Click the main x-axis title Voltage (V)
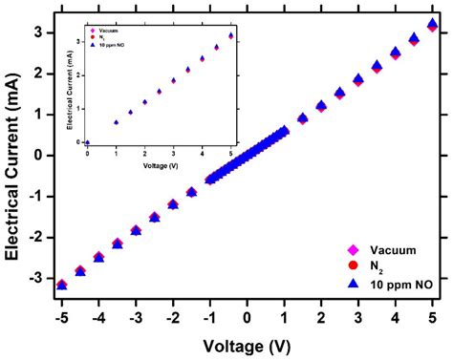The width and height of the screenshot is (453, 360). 247,343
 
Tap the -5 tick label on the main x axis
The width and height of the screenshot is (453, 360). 60,315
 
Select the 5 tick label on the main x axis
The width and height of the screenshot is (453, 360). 433,315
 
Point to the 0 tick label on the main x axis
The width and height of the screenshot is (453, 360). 247,315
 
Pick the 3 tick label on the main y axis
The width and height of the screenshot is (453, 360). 35,32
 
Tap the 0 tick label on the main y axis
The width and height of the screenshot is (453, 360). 35,155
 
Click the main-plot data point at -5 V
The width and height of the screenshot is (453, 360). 61,284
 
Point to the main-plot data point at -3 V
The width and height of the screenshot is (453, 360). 136,230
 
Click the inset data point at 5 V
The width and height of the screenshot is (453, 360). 230,36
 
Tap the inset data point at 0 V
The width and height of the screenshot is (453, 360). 87,141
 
